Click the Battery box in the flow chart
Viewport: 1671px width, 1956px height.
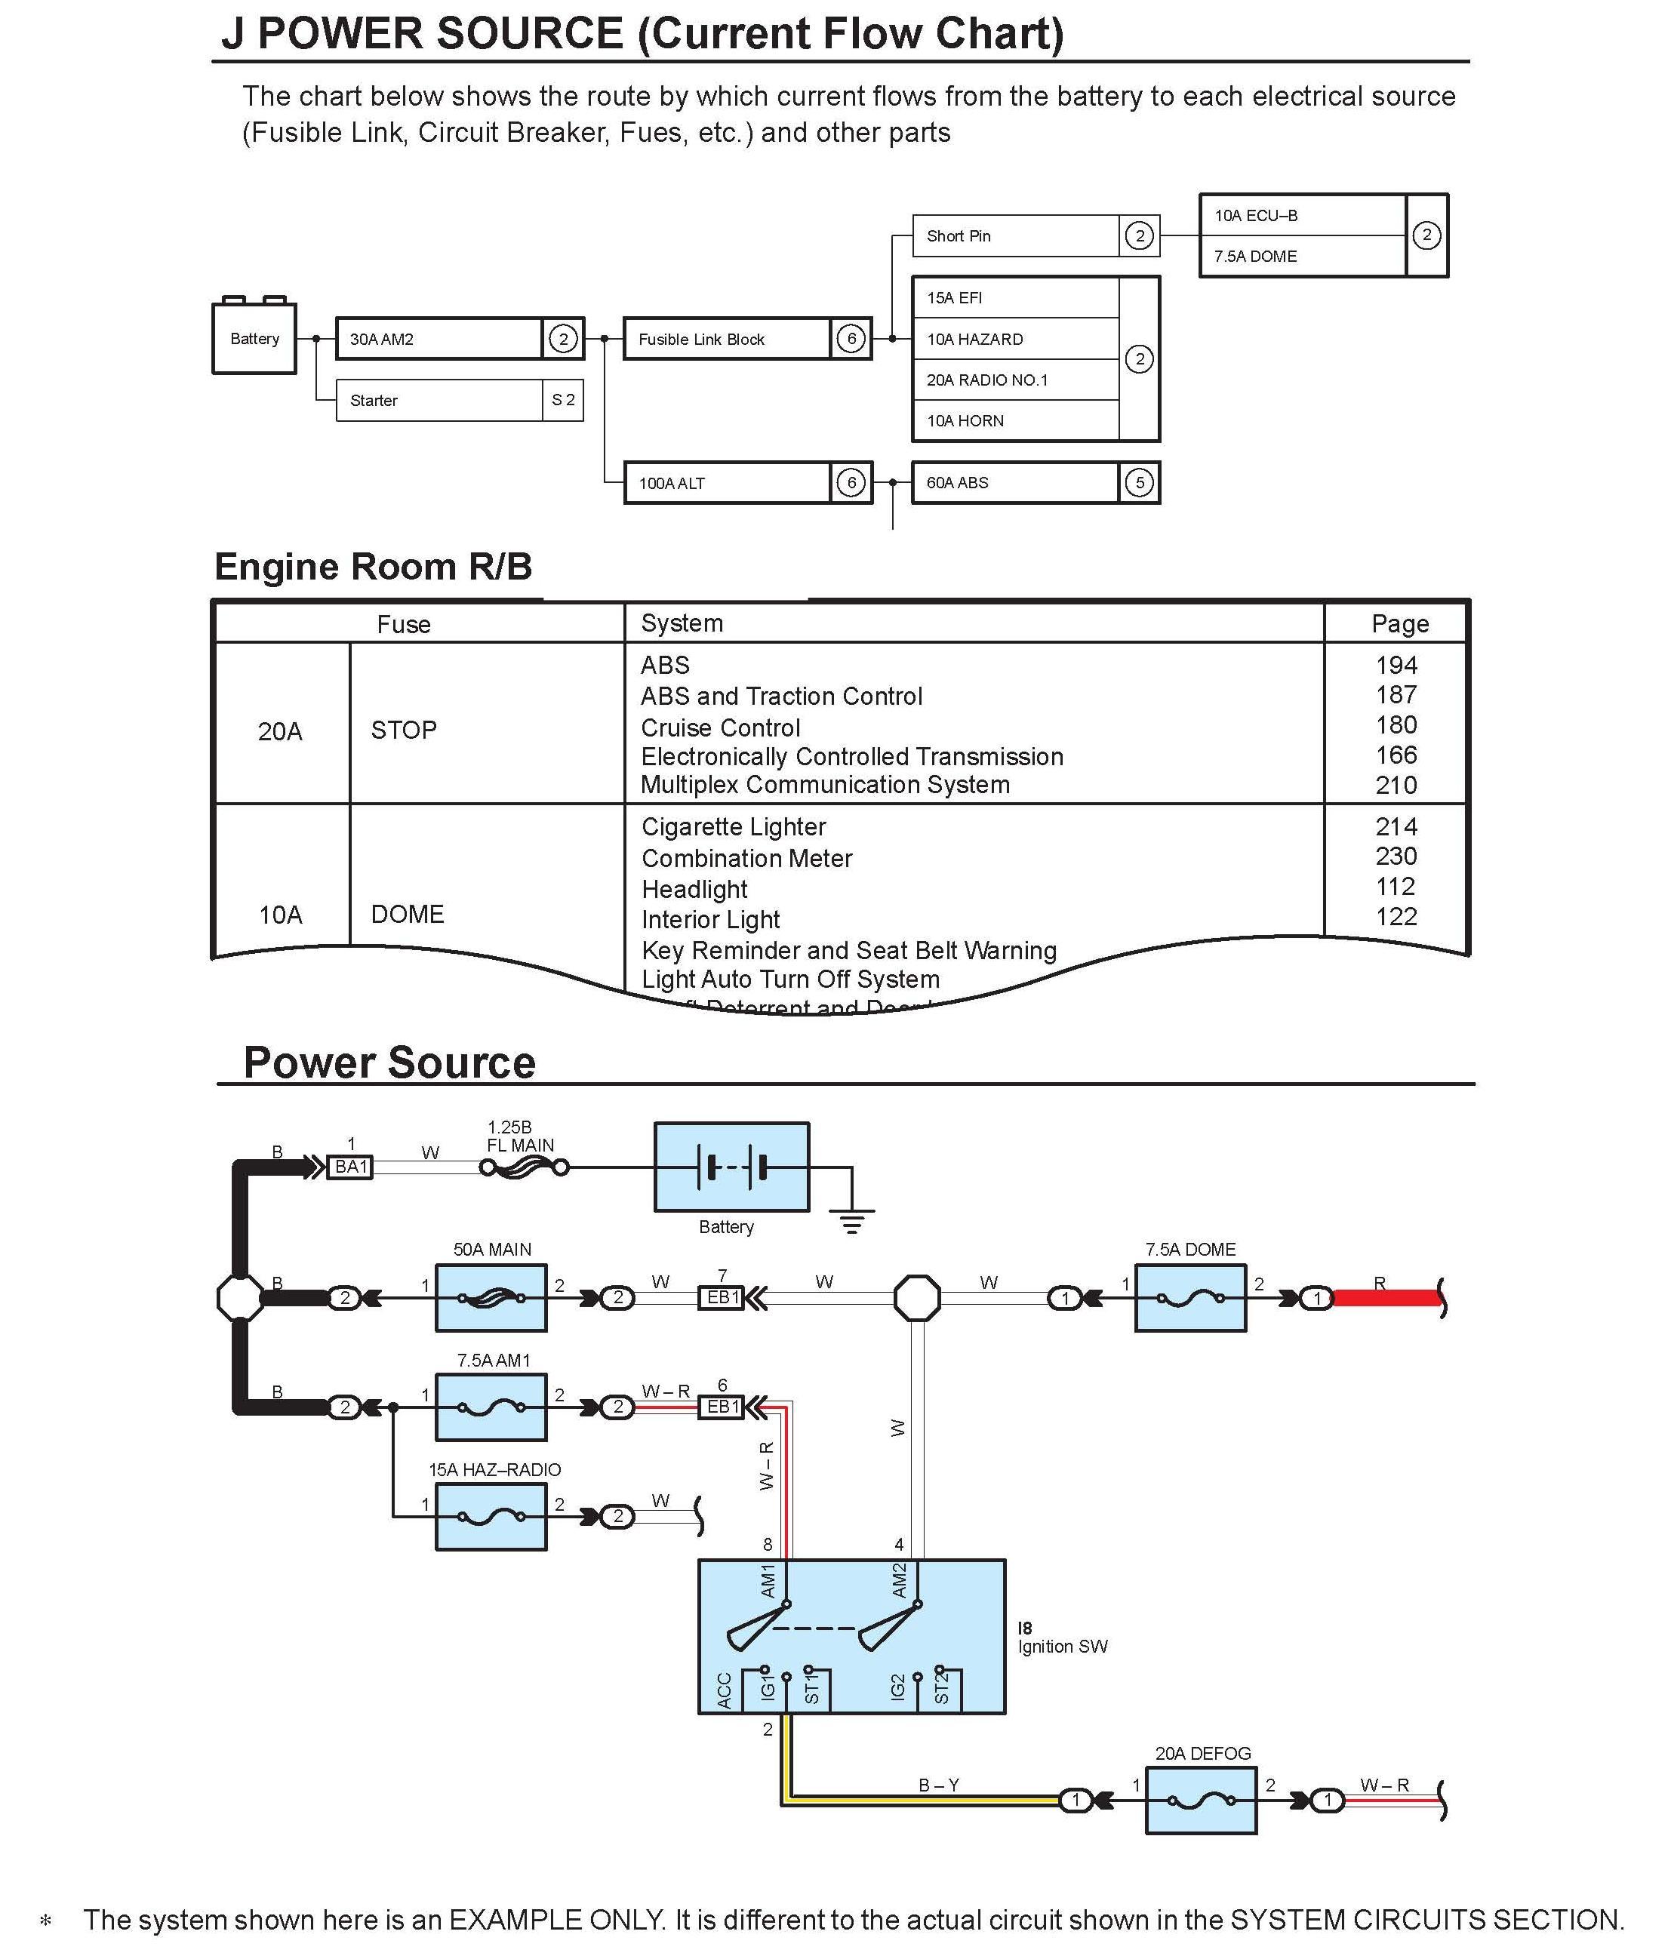(254, 338)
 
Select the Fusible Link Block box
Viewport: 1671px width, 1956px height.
(727, 339)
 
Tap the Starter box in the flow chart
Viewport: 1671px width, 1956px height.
(439, 400)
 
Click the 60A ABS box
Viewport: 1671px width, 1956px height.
(1015, 482)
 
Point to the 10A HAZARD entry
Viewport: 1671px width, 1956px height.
(1015, 339)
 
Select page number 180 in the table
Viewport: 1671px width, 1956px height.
(1396, 725)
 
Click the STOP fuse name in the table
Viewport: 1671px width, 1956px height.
(403, 730)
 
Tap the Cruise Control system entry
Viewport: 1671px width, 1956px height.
(720, 727)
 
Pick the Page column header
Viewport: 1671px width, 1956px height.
(1399, 624)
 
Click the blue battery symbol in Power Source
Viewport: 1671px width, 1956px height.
(731, 1167)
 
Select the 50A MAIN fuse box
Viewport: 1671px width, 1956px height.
(491, 1298)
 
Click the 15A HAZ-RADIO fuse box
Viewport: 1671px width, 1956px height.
(491, 1517)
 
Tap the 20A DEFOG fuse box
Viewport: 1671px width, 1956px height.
(1201, 1801)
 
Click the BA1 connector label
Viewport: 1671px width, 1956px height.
(350, 1167)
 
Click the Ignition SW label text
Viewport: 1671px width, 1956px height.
(1062, 1647)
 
